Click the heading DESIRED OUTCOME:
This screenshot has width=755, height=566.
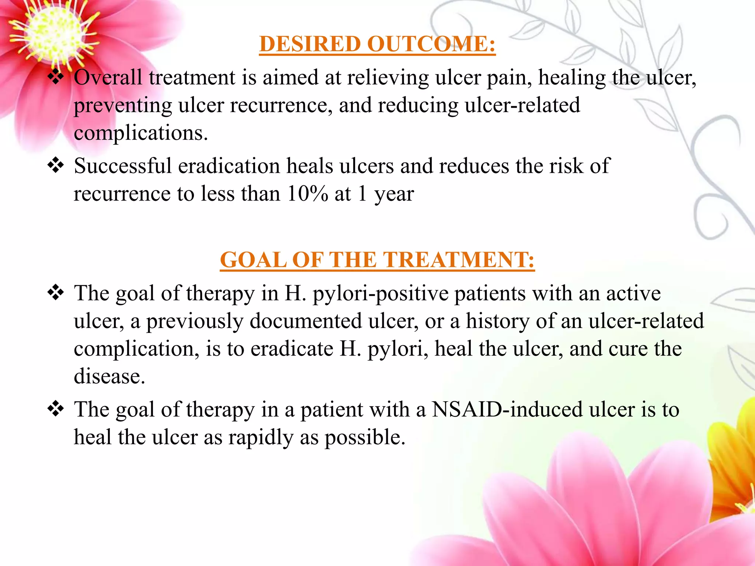coord(377,44)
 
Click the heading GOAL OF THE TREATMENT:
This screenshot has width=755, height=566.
coord(377,260)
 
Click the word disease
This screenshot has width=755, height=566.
coord(109,377)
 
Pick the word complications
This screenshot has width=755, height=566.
coord(140,133)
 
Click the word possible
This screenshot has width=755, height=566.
coord(365,437)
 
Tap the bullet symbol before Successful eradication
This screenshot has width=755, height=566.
coord(56,165)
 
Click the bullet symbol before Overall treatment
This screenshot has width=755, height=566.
coord(56,77)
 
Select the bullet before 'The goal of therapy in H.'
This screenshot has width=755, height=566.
coord(56,293)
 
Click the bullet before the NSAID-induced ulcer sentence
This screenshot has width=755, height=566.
coord(56,409)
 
